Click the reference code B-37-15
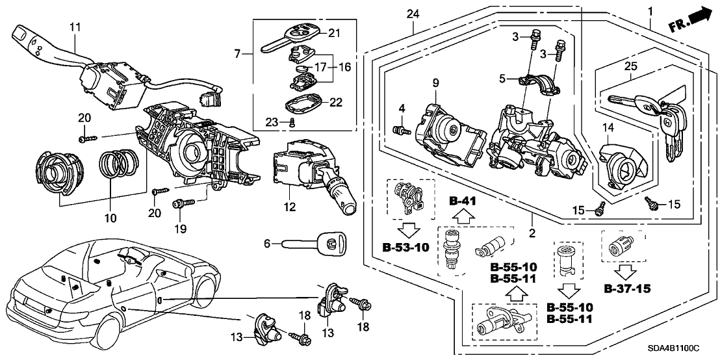pyautogui.click(x=627, y=288)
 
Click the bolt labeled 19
pyautogui.click(x=181, y=204)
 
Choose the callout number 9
pyautogui.click(x=435, y=82)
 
